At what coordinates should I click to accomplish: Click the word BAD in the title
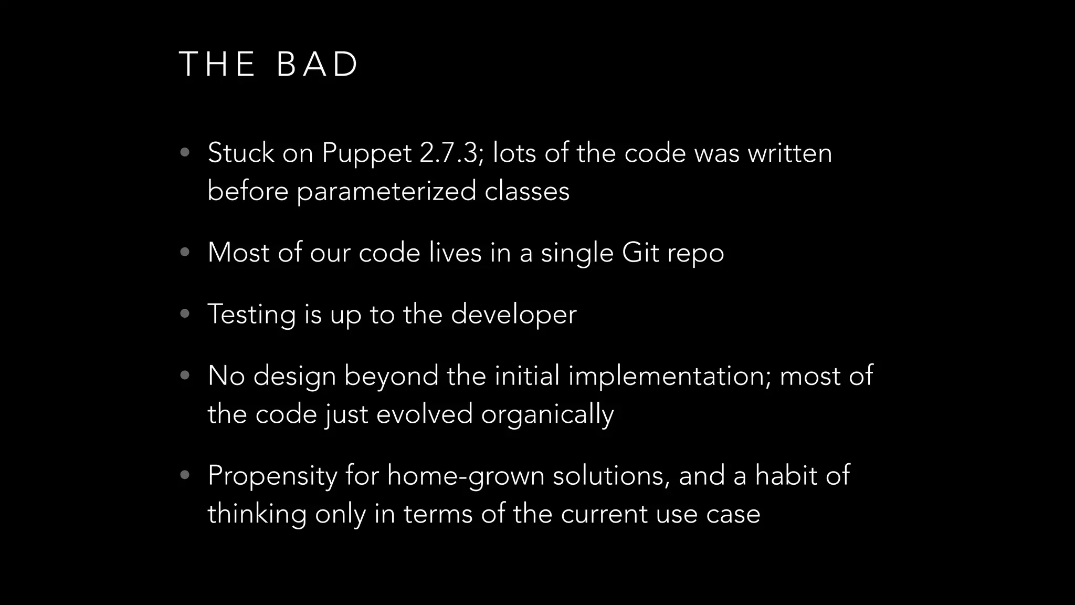[317, 65]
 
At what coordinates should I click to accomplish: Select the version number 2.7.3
[451, 153]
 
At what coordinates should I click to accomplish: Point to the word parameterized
[386, 191]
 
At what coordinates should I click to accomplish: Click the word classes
[526, 191]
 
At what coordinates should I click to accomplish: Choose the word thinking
[257, 514]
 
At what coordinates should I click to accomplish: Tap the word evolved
[424, 414]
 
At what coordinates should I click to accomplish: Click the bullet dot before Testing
[184, 314]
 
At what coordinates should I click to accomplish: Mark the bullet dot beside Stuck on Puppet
[184, 153]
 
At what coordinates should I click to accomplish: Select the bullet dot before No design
[184, 375]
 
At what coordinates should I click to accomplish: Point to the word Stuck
[241, 153]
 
